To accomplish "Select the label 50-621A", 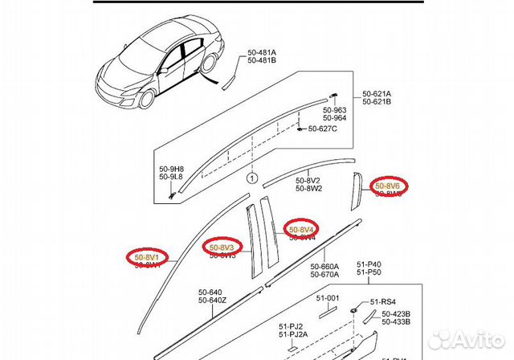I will click(377, 94).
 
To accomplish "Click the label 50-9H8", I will click(171, 169).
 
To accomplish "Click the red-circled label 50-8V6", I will click(390, 186).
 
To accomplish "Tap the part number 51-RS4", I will click(382, 303).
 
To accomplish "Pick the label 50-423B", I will click(396, 313).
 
